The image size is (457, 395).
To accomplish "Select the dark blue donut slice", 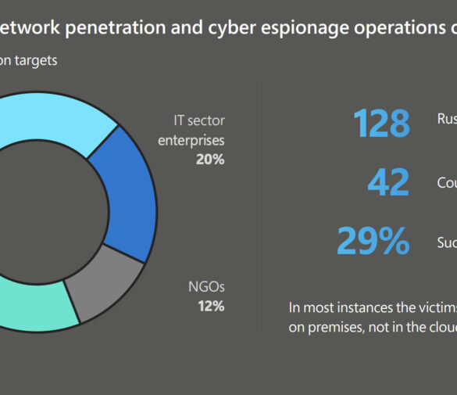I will (x=120, y=192).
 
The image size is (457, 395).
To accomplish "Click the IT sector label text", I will (x=198, y=121).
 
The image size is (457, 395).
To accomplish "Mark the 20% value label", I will (x=210, y=159).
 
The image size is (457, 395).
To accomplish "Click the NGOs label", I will (x=206, y=286).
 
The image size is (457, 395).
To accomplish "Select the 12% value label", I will (x=211, y=306).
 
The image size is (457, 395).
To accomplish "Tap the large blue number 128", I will (x=380, y=124).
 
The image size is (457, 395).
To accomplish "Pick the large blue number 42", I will (x=388, y=182).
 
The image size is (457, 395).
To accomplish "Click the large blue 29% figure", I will (x=373, y=241).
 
